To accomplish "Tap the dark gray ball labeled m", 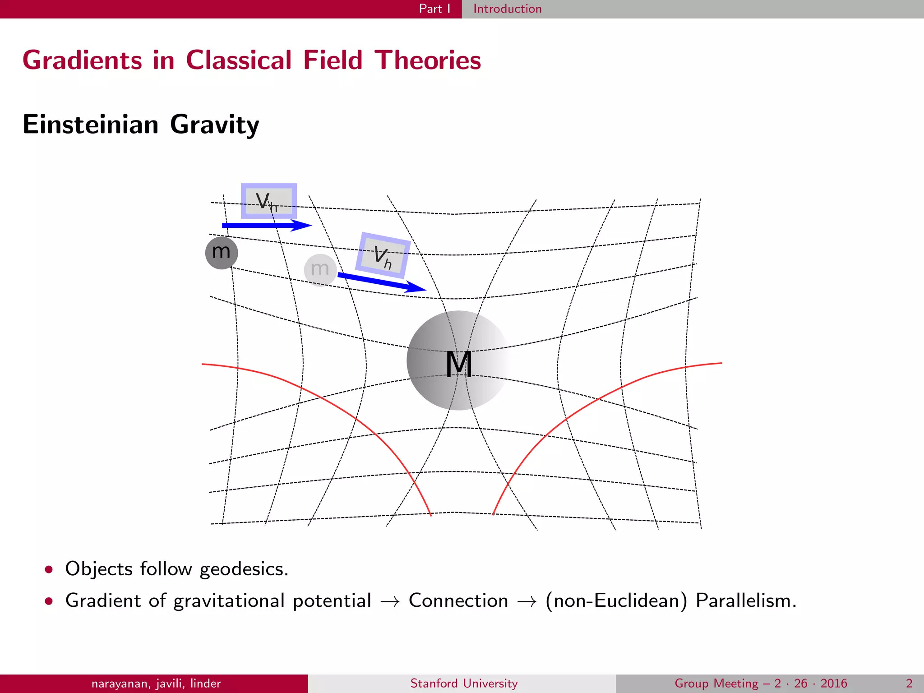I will pyautogui.click(x=221, y=253).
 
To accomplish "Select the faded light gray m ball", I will pyautogui.click(x=320, y=270).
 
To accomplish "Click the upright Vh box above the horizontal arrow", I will pyautogui.click(x=269, y=201).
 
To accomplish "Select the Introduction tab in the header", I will pyautogui.click(x=507, y=9).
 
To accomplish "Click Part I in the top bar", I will pyautogui.click(x=434, y=9).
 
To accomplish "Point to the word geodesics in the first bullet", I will pyautogui.click(x=244, y=569).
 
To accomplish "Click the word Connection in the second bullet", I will pyautogui.click(x=458, y=601).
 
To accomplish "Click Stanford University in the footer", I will pyautogui.click(x=464, y=684).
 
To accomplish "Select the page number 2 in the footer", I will pyautogui.click(x=909, y=684).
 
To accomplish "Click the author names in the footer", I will pyautogui.click(x=156, y=684).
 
